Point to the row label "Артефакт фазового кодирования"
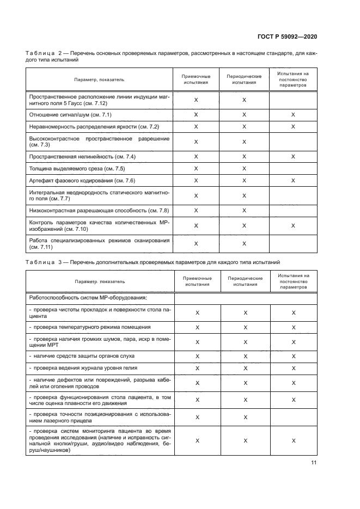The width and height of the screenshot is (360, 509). [82, 180]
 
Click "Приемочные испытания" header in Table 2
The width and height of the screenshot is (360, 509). [196, 79]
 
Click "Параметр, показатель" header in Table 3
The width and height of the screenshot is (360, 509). [100, 281]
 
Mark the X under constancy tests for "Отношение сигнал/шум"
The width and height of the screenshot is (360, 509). [293, 115]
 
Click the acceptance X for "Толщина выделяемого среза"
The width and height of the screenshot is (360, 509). [196, 168]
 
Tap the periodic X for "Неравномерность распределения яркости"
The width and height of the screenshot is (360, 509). [244, 127]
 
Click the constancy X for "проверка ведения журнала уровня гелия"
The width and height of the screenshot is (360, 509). [294, 369]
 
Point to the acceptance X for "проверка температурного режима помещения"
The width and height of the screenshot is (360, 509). [197, 328]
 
